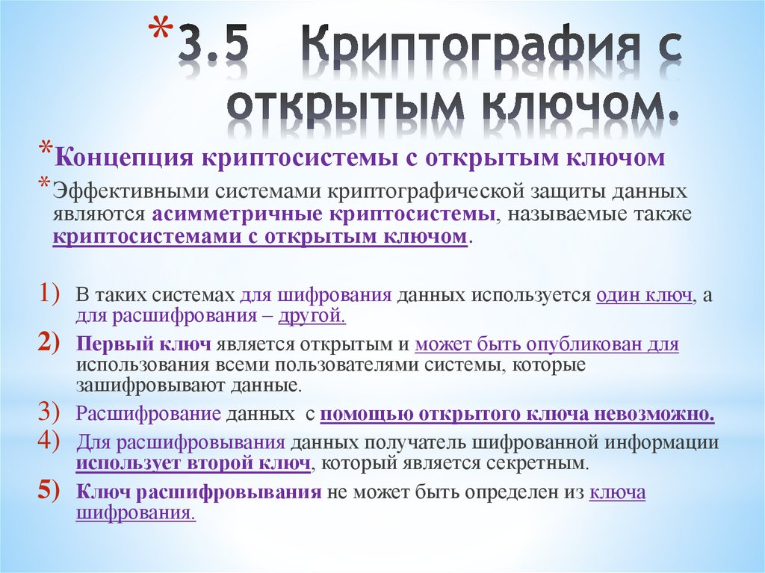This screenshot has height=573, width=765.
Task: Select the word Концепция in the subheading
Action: tap(120, 158)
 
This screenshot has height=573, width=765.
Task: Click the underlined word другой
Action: tap(311, 316)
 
